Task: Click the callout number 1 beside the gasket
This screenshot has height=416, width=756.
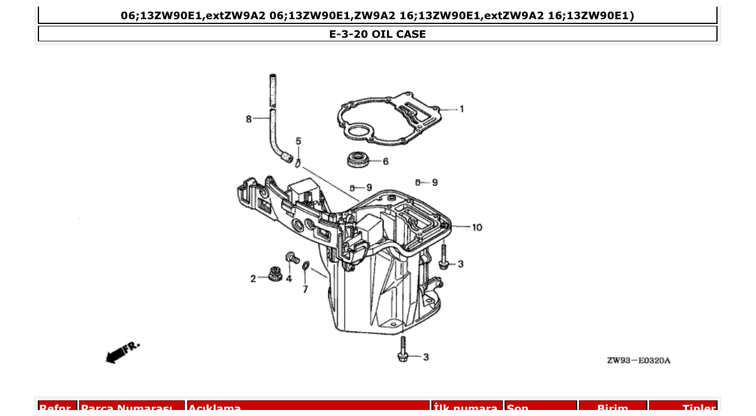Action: point(461,109)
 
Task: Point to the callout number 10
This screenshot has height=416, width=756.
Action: point(476,227)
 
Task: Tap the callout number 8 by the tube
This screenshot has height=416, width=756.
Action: point(248,119)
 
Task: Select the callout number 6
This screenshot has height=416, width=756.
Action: point(385,161)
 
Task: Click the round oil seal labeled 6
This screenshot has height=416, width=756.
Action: point(359,160)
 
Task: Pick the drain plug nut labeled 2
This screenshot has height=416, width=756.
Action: point(275,275)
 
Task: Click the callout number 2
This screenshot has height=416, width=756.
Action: point(253,279)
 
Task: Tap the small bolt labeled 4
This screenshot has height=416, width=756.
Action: point(292,258)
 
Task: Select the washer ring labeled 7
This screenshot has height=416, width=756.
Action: point(305,266)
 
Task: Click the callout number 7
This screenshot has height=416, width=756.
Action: point(305,290)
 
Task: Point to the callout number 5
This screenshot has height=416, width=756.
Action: point(298,141)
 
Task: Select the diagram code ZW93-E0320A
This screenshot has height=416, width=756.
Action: point(638,360)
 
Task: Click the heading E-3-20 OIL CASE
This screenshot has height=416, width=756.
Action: point(377,34)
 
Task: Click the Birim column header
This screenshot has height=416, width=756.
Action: point(613,408)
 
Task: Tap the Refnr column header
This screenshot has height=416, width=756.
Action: point(58,408)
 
